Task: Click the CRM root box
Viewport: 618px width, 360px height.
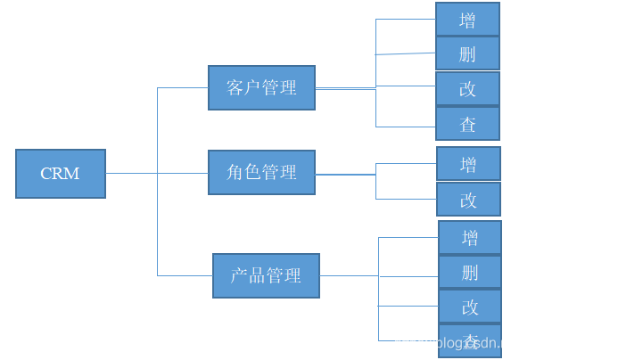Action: click(x=61, y=173)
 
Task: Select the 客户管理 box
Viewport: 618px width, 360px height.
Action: click(x=261, y=87)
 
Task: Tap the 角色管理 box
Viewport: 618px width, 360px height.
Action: click(x=261, y=172)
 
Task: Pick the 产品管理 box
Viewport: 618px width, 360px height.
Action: click(x=266, y=275)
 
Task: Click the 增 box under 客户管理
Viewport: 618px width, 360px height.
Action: click(x=467, y=20)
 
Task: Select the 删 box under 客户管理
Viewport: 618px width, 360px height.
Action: click(x=467, y=53)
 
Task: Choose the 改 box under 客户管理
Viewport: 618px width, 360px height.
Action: click(x=467, y=89)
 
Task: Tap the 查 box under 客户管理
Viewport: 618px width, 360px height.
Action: click(x=467, y=124)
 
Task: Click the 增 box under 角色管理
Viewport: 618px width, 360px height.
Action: click(x=468, y=164)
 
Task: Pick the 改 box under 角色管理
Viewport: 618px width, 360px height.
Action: click(x=468, y=200)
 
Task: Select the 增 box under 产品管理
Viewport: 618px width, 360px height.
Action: click(x=470, y=237)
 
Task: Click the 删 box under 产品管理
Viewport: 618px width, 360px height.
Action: click(x=470, y=272)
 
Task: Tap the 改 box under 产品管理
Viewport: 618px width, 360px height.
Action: click(x=470, y=307)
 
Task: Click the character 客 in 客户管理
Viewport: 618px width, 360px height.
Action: click(x=235, y=87)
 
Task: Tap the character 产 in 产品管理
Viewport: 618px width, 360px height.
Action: click(x=239, y=275)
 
